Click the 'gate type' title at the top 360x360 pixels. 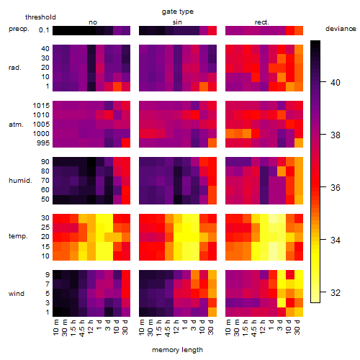coord(178,12)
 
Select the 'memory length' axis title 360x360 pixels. coord(177,350)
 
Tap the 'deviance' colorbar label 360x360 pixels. coord(341,29)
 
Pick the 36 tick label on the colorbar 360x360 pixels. coord(336,188)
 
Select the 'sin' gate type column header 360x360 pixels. coord(177,22)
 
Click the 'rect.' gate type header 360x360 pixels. coord(261,22)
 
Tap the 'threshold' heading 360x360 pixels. coord(40,17)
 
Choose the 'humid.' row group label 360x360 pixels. coord(20,181)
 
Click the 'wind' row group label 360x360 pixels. coord(17,294)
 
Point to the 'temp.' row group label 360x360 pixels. coord(18,236)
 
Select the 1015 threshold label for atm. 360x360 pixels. coord(41,106)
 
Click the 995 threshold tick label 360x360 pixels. coord(43,143)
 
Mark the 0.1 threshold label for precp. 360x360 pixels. coord(44,30)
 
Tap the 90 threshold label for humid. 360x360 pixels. coord(45,162)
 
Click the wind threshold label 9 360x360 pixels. coord(48,275)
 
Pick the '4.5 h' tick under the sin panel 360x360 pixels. coord(168,328)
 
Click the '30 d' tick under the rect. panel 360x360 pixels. coord(297,328)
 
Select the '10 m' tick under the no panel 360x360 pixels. coord(55,328)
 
